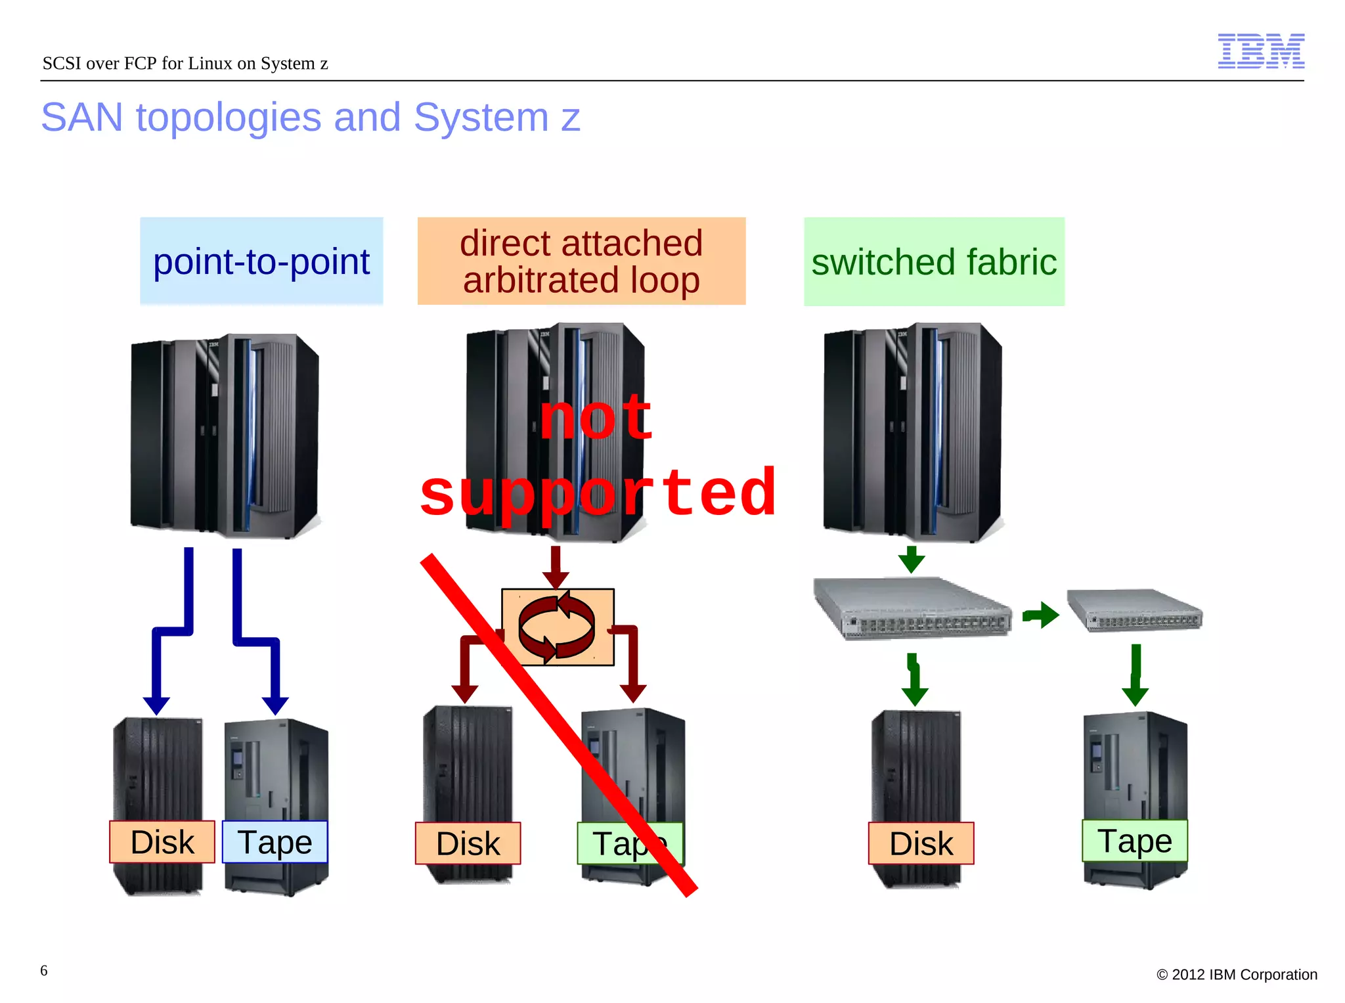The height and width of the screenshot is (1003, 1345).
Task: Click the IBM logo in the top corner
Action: click(1260, 51)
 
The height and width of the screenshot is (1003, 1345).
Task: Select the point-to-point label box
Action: click(261, 261)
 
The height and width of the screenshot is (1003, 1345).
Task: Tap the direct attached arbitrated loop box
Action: click(581, 261)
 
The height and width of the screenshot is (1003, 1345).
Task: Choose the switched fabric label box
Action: click(933, 261)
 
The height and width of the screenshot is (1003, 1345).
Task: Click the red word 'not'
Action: click(596, 418)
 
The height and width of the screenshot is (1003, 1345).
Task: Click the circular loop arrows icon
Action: click(557, 627)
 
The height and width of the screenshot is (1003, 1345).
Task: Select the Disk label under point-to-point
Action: click(162, 842)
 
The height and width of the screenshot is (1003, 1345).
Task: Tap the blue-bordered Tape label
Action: click(275, 842)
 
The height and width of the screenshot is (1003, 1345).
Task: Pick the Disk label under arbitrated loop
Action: click(468, 843)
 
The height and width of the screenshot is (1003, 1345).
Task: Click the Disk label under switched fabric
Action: click(921, 843)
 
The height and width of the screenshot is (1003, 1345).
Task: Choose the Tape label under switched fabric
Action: click(1134, 841)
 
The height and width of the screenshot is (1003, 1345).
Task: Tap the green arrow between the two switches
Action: click(1040, 615)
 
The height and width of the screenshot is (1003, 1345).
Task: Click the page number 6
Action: click(44, 970)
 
